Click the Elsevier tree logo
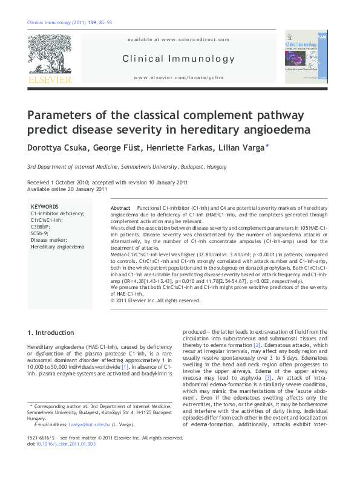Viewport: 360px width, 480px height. (x=49, y=55)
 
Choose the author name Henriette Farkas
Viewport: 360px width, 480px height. (x=182, y=147)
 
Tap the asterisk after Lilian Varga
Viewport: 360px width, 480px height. (x=267, y=146)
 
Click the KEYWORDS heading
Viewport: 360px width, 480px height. (x=45, y=206)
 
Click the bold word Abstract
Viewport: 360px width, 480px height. (x=121, y=207)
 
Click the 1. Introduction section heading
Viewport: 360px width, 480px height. (x=51, y=333)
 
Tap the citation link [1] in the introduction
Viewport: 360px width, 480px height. (x=125, y=367)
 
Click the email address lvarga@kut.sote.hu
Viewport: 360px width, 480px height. (x=83, y=425)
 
